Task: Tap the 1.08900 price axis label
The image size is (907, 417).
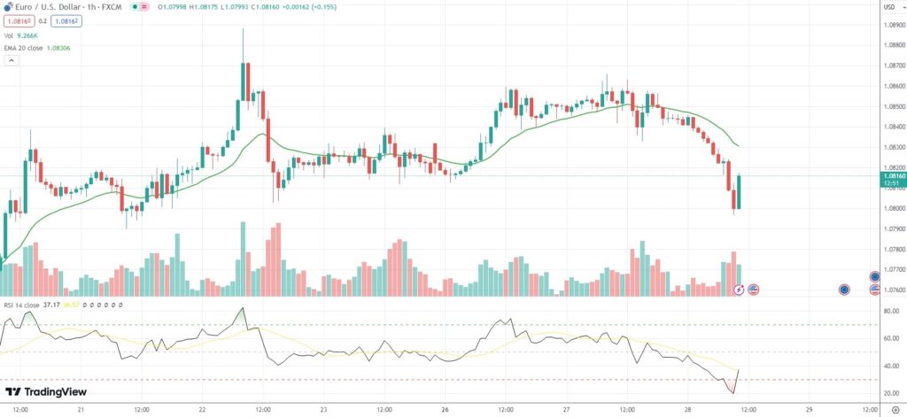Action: [894, 25]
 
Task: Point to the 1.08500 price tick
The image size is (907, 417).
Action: [894, 106]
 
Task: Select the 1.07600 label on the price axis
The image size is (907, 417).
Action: [894, 290]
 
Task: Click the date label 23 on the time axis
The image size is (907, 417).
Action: [323, 410]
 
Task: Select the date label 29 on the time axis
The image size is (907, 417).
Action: [809, 410]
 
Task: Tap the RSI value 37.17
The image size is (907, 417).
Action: [50, 305]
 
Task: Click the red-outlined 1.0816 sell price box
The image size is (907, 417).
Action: [19, 20]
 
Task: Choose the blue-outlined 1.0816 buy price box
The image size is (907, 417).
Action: [66, 20]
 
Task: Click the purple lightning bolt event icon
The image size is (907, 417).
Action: [740, 290]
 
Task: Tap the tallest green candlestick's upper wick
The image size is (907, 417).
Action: [243, 44]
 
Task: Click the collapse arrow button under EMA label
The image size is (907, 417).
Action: [12, 61]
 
